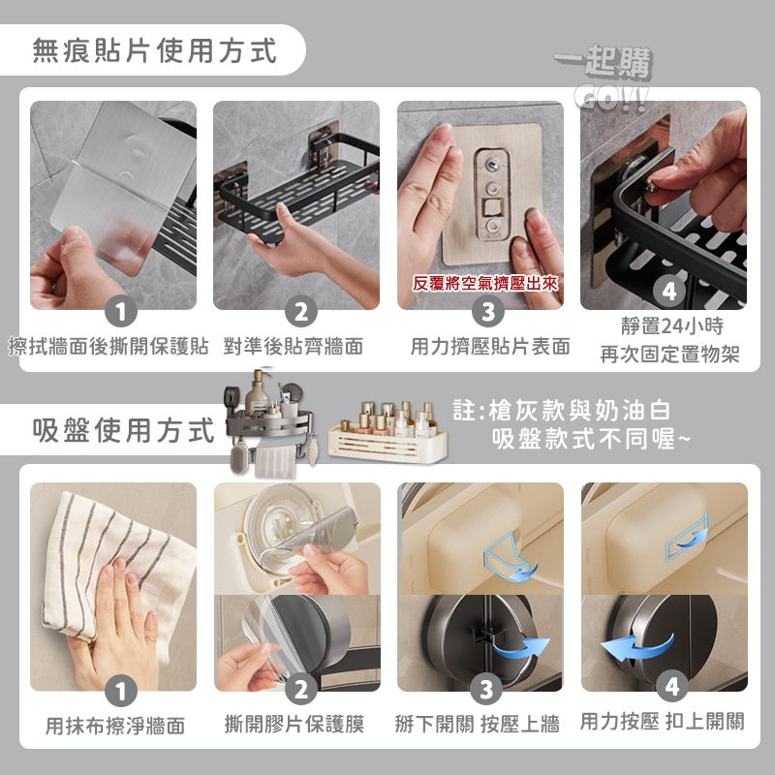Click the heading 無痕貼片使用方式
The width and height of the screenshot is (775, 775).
[x=154, y=51]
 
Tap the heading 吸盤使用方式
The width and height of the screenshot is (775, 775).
[x=124, y=430]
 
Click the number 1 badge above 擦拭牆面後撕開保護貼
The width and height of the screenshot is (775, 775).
[x=121, y=311]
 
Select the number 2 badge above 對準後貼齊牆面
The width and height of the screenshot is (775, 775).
[x=301, y=311]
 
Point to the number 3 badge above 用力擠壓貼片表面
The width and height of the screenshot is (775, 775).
[x=488, y=311]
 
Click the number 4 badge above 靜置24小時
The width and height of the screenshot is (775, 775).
[x=668, y=292]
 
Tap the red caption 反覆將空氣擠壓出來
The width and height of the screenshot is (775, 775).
[x=485, y=283]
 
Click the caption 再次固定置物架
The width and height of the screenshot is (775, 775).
[x=669, y=354]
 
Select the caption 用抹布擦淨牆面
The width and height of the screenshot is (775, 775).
[x=115, y=726]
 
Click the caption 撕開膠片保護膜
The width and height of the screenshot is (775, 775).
[x=294, y=724]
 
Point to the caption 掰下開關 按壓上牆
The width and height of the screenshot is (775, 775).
[x=477, y=724]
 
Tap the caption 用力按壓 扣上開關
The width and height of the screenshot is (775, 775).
[x=663, y=721]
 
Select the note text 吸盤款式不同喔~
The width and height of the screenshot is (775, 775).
[x=591, y=438]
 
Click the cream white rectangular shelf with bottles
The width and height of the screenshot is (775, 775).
[x=388, y=431]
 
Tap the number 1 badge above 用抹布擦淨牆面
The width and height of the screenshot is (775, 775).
[x=121, y=691]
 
